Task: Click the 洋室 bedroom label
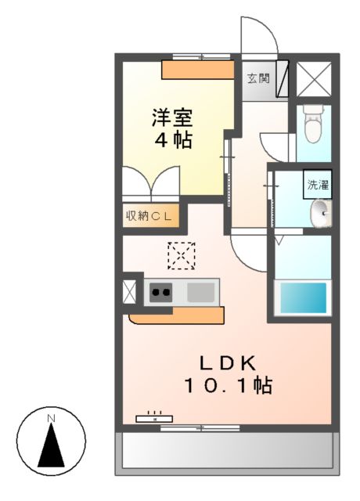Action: click(x=173, y=120)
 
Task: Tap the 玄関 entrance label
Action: click(x=258, y=78)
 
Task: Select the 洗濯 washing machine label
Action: click(x=318, y=186)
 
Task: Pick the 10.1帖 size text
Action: click(x=228, y=385)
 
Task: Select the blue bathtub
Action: click(x=303, y=297)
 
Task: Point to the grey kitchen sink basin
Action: click(x=200, y=293)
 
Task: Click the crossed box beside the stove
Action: click(x=130, y=291)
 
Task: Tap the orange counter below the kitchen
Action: click(x=177, y=315)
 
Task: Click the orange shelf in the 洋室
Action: click(x=198, y=70)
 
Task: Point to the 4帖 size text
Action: click(x=173, y=142)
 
